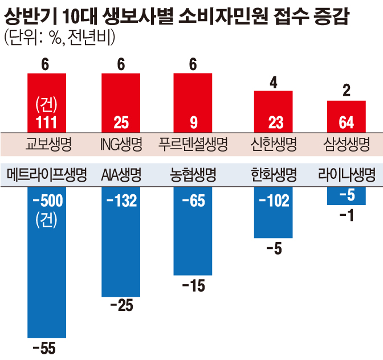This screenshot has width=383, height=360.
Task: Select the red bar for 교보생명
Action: (x=47, y=103)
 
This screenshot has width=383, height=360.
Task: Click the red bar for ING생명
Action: (x=121, y=103)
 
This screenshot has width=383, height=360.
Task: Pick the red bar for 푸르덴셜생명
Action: (x=193, y=103)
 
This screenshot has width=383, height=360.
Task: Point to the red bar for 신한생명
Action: (x=273, y=111)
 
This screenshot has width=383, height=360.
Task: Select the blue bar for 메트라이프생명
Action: (x=47, y=262)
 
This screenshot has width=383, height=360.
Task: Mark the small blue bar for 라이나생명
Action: (x=346, y=196)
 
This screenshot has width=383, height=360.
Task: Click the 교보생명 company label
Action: (x=48, y=142)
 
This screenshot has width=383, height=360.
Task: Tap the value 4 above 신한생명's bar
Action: (x=274, y=83)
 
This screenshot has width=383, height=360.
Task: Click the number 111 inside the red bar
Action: (x=47, y=122)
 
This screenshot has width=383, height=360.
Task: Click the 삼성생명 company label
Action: (x=346, y=142)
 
